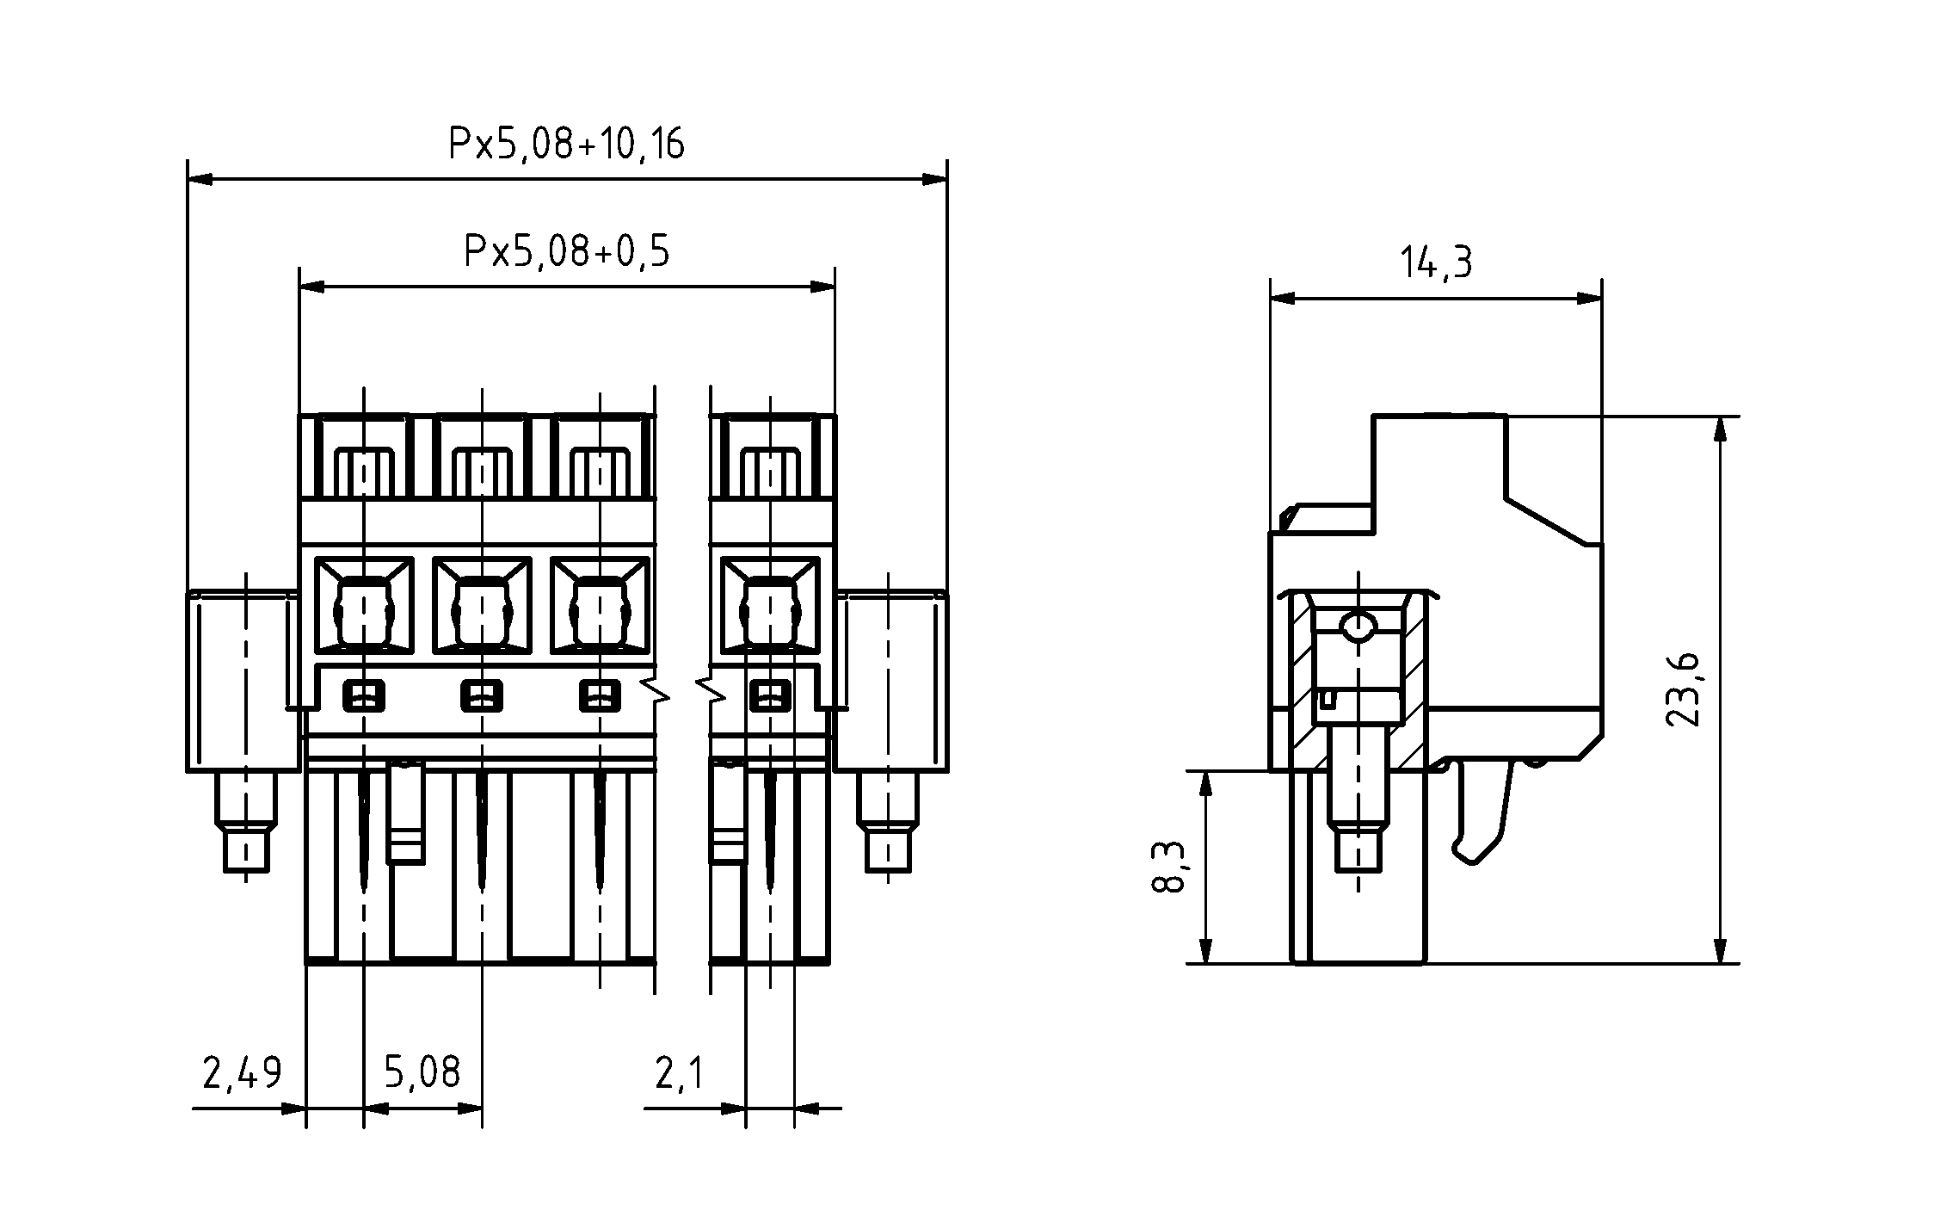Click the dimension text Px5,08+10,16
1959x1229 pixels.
566,144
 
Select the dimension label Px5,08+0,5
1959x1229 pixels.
566,251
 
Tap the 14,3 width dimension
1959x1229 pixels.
1436,262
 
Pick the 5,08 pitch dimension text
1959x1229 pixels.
422,1072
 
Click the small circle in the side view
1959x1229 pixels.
1359,626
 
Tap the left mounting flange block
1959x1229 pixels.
243,680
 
